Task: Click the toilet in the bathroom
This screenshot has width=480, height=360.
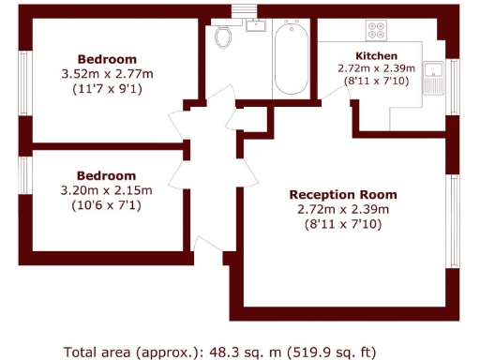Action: coord(223,36)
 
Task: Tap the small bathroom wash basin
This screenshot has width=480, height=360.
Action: coord(256,25)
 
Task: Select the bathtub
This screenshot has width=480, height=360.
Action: coord(289,57)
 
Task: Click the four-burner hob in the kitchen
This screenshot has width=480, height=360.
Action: coord(377,30)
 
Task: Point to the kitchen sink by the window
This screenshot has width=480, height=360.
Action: coord(435,77)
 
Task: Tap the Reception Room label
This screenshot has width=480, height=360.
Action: coord(336,194)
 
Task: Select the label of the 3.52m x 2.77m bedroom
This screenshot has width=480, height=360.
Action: coord(106,58)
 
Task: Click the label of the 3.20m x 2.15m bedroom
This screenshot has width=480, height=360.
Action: coord(106,175)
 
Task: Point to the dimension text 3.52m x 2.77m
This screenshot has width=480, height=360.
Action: coord(106,74)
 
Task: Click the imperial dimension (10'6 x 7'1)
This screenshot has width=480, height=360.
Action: coord(106,206)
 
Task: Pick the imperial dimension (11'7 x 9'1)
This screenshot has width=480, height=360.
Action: coord(106,90)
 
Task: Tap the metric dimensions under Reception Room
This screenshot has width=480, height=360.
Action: coord(336,209)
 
